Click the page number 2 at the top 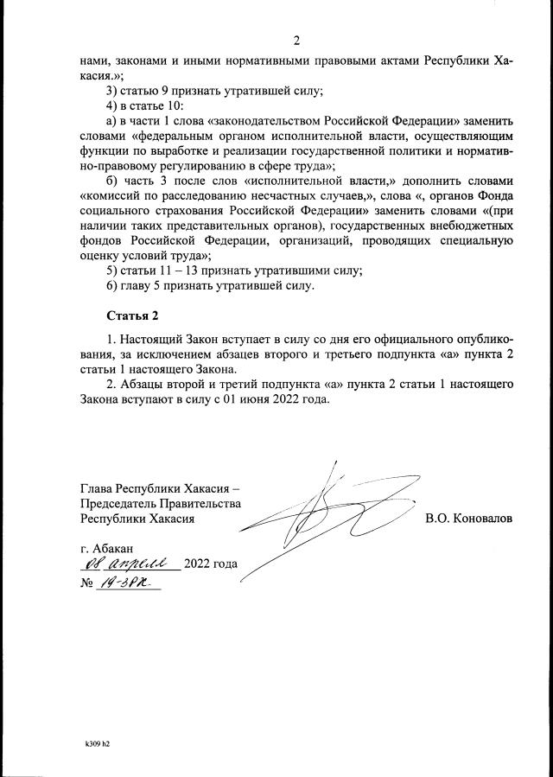pyautogui.click(x=296, y=41)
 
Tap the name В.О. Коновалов pyautogui.click(x=469, y=519)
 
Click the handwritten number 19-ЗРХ pyautogui.click(x=130, y=584)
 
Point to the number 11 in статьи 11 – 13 pyautogui.click(x=165, y=271)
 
